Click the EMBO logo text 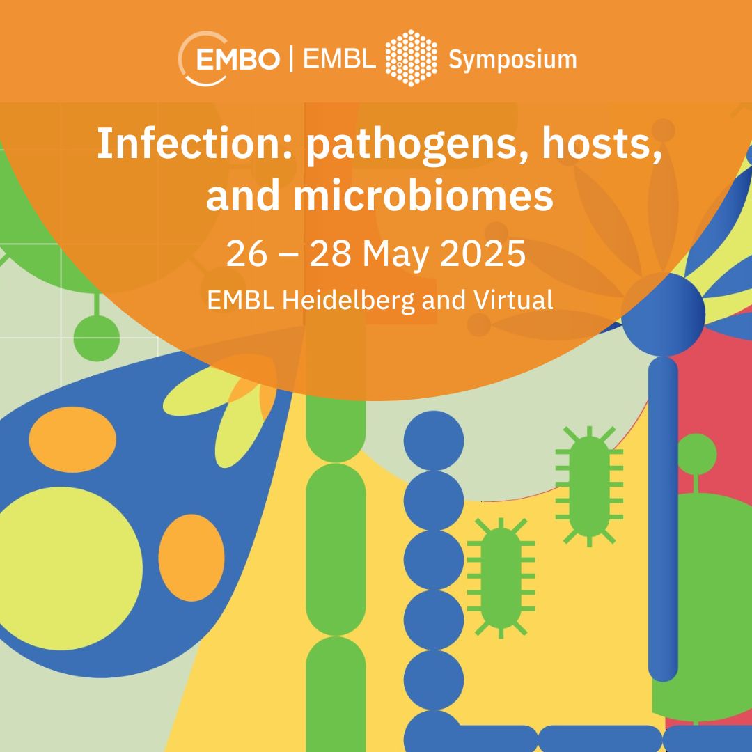pyautogui.click(x=237, y=59)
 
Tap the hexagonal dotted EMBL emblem pyautogui.click(x=411, y=58)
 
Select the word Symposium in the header pyautogui.click(x=512, y=61)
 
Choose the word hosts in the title pyautogui.click(x=602, y=144)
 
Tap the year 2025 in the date pyautogui.click(x=483, y=253)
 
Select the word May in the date pyautogui.click(x=395, y=256)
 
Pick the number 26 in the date pyautogui.click(x=246, y=253)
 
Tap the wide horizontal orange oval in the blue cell pyautogui.click(x=72, y=439)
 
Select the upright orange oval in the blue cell pyautogui.click(x=191, y=557)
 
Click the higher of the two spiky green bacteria pyautogui.click(x=589, y=486)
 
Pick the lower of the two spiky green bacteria pyautogui.click(x=501, y=578)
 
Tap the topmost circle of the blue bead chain pyautogui.click(x=434, y=440)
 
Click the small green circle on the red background pyautogui.click(x=696, y=454)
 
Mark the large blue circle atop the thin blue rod pyautogui.click(x=664, y=315)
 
